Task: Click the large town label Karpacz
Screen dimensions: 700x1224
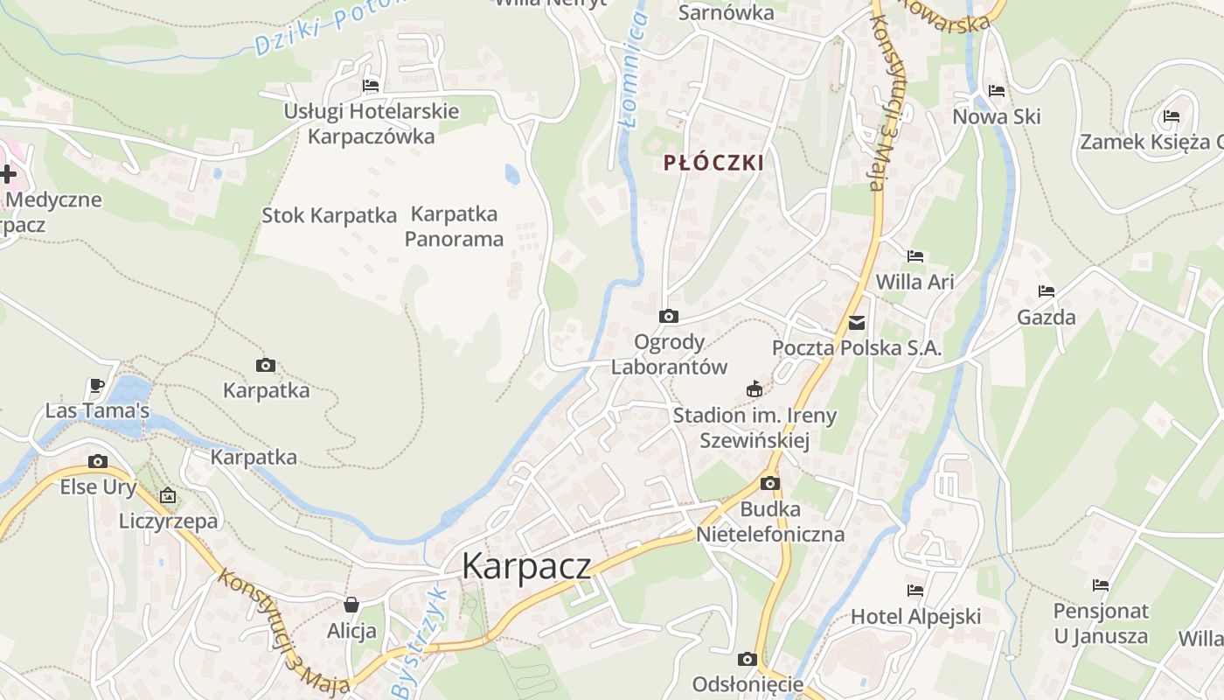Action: click(x=526, y=566)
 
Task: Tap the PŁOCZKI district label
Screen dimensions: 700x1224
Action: click(x=713, y=163)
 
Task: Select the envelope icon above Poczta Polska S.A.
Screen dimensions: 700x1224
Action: click(x=857, y=323)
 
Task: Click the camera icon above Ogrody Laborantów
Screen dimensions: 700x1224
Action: click(x=669, y=317)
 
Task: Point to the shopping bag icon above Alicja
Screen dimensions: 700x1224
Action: click(x=351, y=605)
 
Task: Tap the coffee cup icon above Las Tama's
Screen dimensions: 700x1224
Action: click(x=97, y=385)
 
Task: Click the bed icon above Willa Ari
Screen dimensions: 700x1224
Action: click(x=915, y=256)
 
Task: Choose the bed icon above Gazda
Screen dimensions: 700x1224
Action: click(x=1047, y=291)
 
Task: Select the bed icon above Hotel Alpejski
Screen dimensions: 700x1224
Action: click(x=915, y=591)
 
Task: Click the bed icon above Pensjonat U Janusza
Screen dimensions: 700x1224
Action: click(x=1101, y=585)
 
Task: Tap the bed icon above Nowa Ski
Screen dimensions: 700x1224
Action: click(x=997, y=91)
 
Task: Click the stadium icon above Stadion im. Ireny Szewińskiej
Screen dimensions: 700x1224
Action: click(x=755, y=389)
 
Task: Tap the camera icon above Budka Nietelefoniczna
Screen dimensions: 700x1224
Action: click(x=770, y=484)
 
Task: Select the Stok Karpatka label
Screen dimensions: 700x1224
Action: click(x=330, y=215)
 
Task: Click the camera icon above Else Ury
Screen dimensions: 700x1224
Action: click(x=98, y=462)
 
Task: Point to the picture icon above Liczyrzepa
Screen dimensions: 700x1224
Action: click(x=168, y=496)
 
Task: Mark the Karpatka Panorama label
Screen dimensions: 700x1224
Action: click(x=454, y=227)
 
